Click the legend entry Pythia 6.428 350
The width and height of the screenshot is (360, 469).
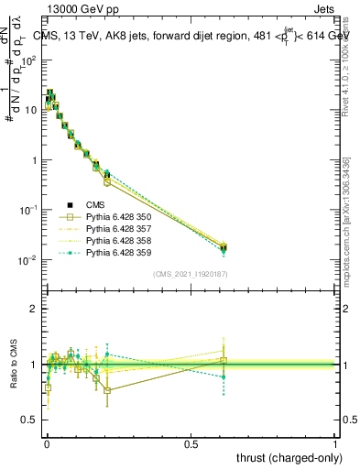coord(106,217)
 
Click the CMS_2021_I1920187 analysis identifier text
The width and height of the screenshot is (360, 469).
coord(190,273)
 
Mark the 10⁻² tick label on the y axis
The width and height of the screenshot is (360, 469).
coord(30,260)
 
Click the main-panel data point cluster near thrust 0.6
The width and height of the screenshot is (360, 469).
coord(224,247)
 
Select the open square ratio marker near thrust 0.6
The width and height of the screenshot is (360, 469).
coord(224,360)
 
